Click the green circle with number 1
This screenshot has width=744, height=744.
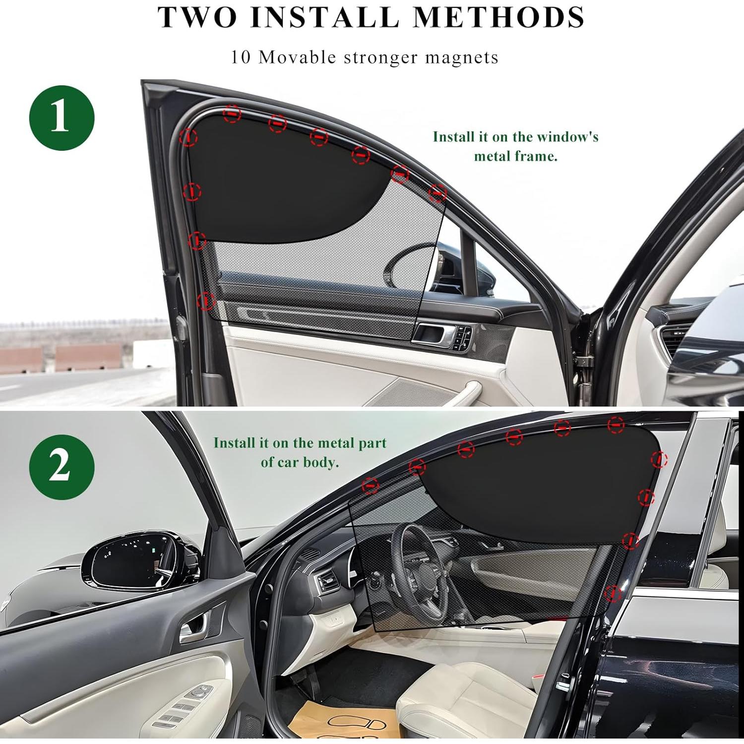point(62,118)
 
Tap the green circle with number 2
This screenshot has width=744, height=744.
point(62,467)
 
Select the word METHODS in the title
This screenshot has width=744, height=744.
point(498,17)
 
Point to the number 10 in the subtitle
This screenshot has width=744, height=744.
point(241,58)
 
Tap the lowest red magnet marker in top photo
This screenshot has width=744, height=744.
point(205,301)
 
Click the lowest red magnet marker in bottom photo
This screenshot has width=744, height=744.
point(613,593)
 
